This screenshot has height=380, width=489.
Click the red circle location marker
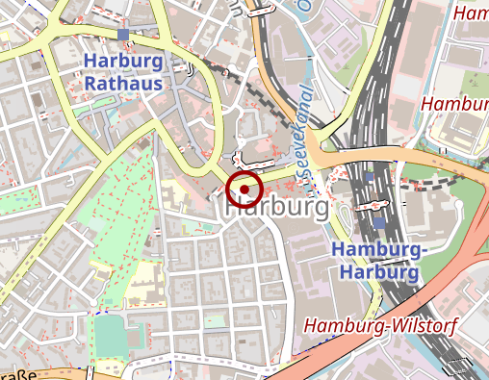[x=244, y=189]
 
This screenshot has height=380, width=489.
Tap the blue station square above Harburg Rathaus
[x=123, y=36]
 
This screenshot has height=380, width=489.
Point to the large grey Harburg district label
[x=277, y=207]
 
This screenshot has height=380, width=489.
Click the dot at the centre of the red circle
[x=244, y=189]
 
